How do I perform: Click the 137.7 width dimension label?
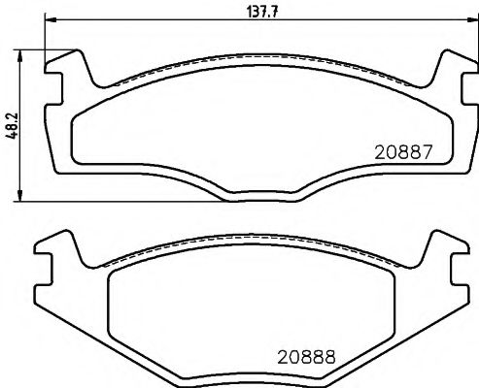pyautogui.click(x=252, y=13)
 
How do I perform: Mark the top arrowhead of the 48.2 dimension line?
pyautogui.click(x=22, y=50)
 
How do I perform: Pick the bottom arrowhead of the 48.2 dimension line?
pyautogui.click(x=22, y=196)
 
